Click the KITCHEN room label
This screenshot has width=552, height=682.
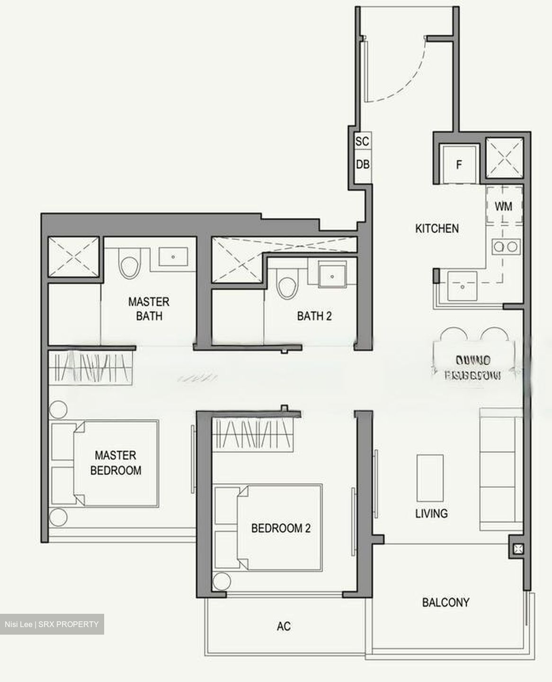tap(436, 228)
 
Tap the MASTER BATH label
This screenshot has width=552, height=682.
tap(149, 309)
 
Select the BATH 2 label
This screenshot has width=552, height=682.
tap(314, 316)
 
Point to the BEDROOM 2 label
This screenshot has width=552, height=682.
tap(281, 528)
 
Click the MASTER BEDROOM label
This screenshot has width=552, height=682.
tap(116, 463)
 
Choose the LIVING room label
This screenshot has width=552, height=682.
tap(431, 513)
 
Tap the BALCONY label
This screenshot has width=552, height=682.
tap(445, 602)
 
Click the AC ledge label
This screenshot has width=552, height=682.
tap(284, 626)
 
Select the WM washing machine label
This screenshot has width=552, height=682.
tap(503, 206)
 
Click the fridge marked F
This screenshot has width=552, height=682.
tap(458, 165)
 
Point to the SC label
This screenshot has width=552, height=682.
tap(362, 141)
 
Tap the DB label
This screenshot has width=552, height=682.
tap(363, 164)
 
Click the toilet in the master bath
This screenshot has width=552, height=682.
tap(130, 266)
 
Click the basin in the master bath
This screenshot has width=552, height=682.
tap(173, 257)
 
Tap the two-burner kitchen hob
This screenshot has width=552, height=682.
tap(506, 246)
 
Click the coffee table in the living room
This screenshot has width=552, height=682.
tap(430, 478)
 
